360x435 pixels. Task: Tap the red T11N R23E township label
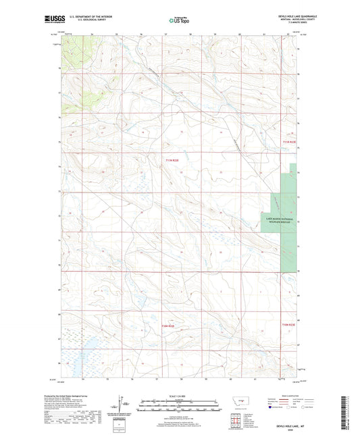click(x=174, y=160)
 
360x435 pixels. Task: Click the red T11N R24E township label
click(x=288, y=142)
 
